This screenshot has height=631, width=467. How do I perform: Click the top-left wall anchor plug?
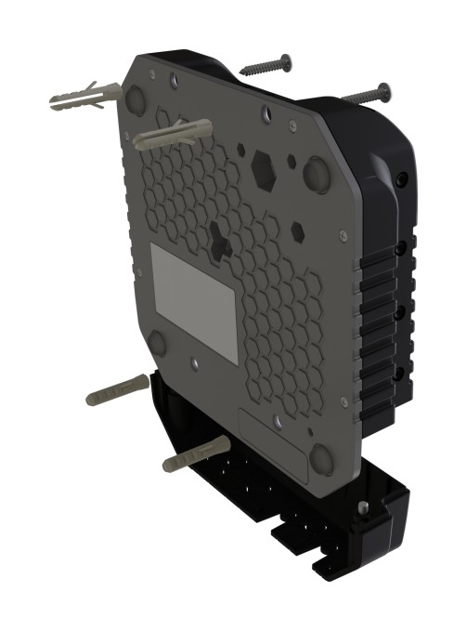point(84,97)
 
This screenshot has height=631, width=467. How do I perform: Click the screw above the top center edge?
point(266,67)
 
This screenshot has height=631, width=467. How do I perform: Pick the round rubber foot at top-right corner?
point(316,173)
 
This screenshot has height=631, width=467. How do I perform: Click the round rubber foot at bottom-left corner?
point(158,344)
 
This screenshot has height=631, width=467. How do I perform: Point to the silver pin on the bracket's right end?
point(363,507)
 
